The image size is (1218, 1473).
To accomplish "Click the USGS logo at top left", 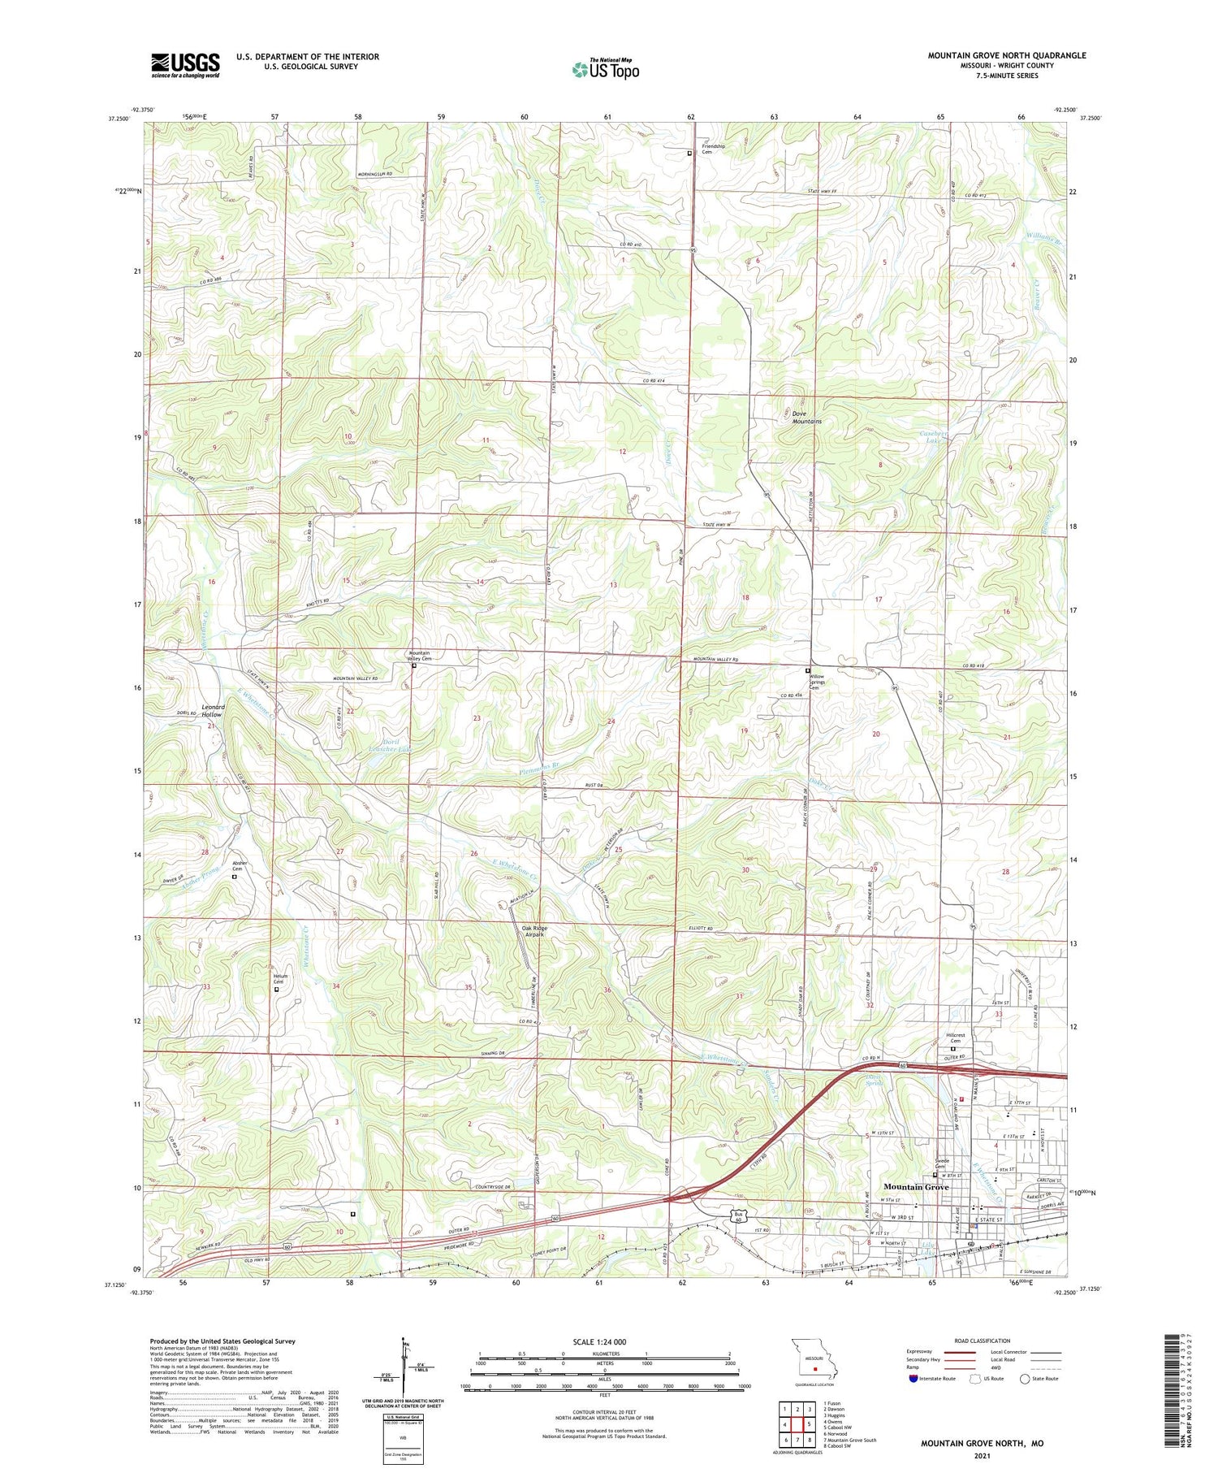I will [x=185, y=65].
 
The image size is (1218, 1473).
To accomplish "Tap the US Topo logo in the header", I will [x=606, y=70].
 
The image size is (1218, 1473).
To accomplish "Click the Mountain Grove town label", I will [x=916, y=1187].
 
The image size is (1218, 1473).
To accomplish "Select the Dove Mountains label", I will [x=806, y=418].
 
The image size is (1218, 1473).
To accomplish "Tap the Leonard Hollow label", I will [x=213, y=711].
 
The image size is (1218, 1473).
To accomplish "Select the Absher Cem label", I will [x=239, y=866].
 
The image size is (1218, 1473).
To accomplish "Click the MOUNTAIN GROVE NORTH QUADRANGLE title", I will [x=1007, y=55].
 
